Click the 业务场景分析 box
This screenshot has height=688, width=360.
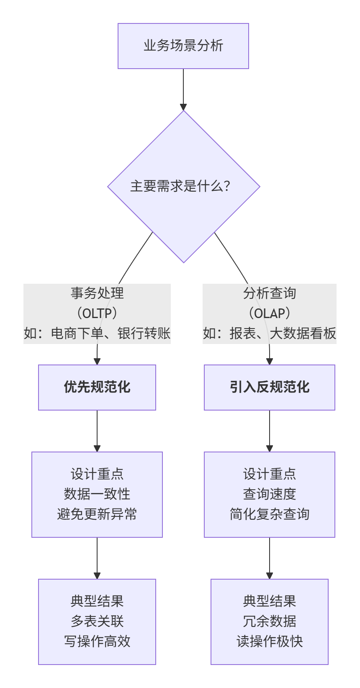pyautogui.click(x=183, y=46)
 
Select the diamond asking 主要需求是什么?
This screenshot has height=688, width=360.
pyautogui.click(x=183, y=186)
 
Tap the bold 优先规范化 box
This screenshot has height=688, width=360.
pyautogui.click(x=97, y=387)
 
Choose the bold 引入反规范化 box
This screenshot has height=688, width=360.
pyautogui.click(x=269, y=387)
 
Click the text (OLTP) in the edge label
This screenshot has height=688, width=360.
pyautogui.click(x=97, y=313)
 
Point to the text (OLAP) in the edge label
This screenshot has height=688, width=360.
pyautogui.click(x=269, y=313)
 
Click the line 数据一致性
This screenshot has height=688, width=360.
pyautogui.click(x=97, y=494)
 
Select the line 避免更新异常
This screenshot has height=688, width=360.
pyautogui.click(x=97, y=514)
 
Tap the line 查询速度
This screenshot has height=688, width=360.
pyautogui.click(x=269, y=494)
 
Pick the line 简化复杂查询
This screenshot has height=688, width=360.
pyautogui.click(x=269, y=514)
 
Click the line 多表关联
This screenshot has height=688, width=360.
pyautogui.click(x=97, y=621)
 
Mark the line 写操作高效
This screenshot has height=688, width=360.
pyautogui.click(x=97, y=641)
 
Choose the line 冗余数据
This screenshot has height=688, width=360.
pyautogui.click(x=269, y=621)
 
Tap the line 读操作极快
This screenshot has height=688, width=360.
pyautogui.click(x=269, y=641)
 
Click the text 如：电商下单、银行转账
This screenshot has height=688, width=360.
pyautogui.click(x=97, y=334)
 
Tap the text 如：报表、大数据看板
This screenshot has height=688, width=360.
pyautogui.click(x=269, y=334)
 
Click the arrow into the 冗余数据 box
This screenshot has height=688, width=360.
pyautogui.click(x=270, y=559)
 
